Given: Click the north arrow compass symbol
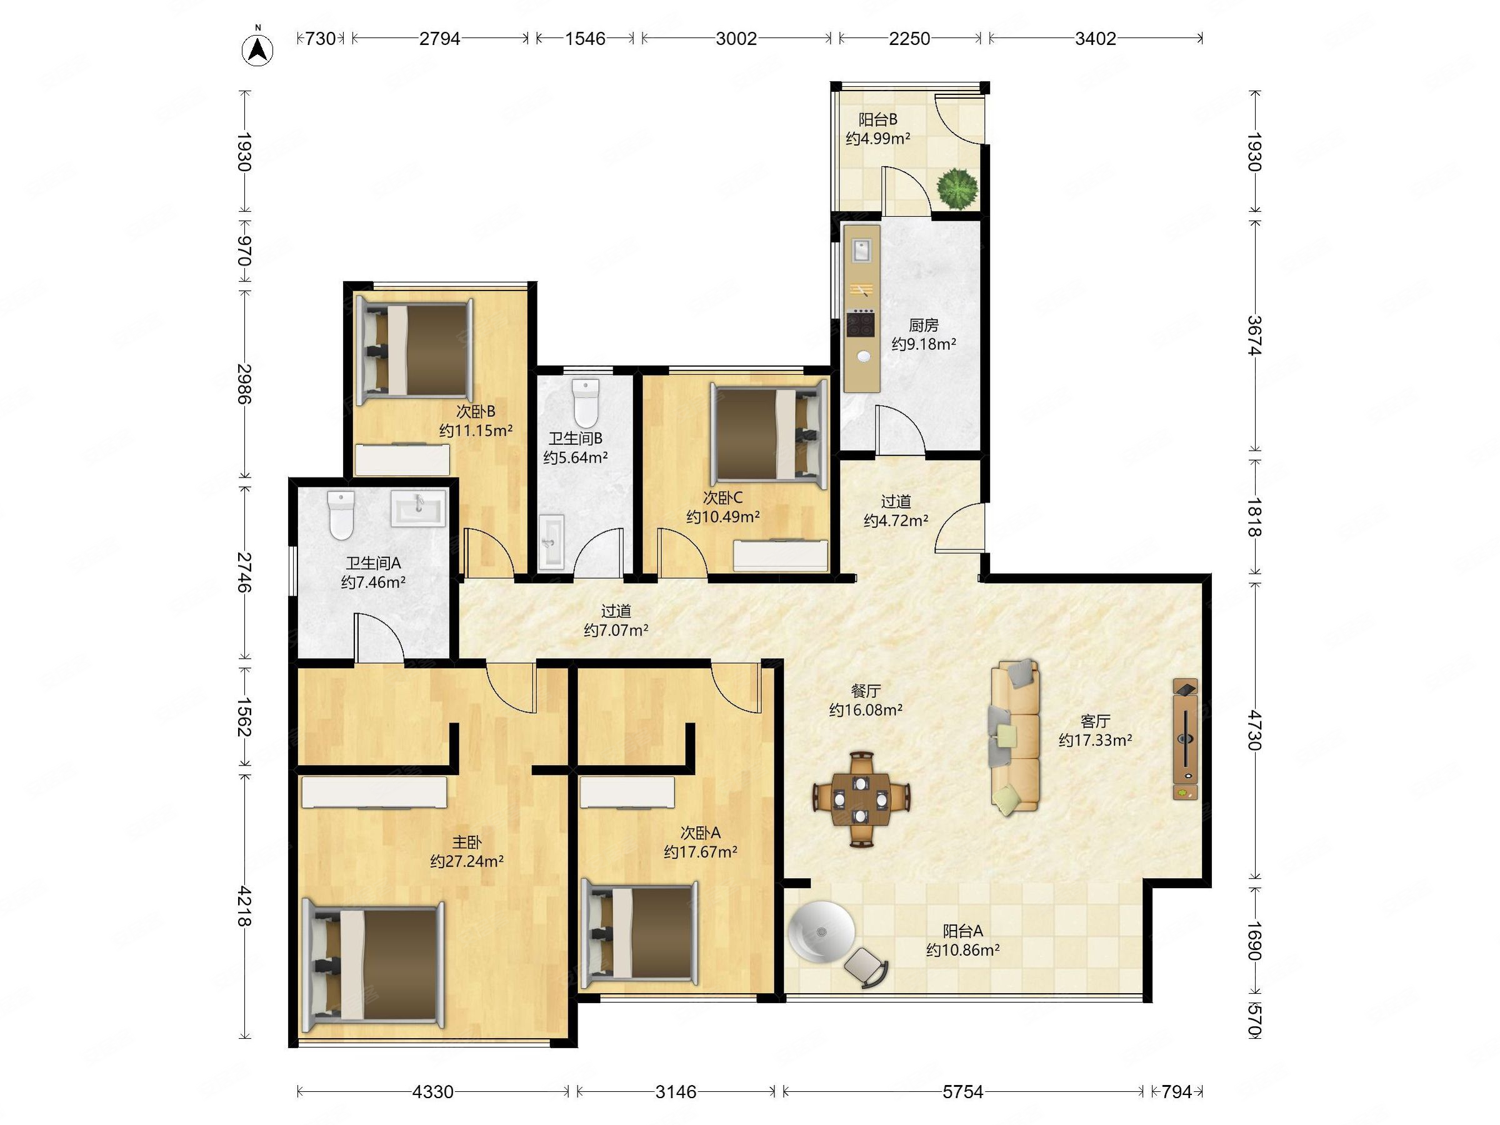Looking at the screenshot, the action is click(257, 48).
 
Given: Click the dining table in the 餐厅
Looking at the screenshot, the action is click(861, 798).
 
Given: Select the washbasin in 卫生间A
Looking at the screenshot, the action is click(417, 509).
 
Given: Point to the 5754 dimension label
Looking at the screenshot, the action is click(962, 1092).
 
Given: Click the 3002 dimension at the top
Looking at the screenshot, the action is click(736, 39).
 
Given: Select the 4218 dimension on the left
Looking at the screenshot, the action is click(244, 907).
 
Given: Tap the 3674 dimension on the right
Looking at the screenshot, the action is click(1254, 335).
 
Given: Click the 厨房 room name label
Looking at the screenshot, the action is click(924, 326).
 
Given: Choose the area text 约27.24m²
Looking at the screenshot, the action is click(466, 861).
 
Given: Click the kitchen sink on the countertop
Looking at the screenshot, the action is click(861, 250).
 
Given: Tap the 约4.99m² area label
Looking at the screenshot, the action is click(877, 138).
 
